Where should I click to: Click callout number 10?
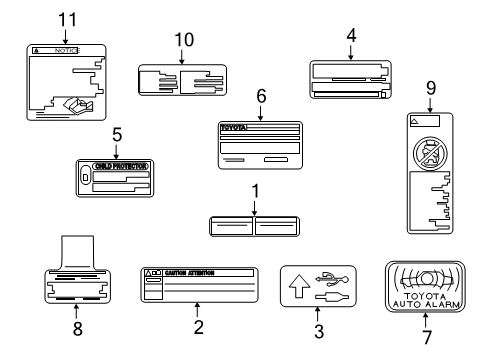coord(181,41)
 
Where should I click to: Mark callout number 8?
coord(79,327)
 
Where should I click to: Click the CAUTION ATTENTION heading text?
coord(191,272)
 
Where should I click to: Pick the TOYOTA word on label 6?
coord(233,128)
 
